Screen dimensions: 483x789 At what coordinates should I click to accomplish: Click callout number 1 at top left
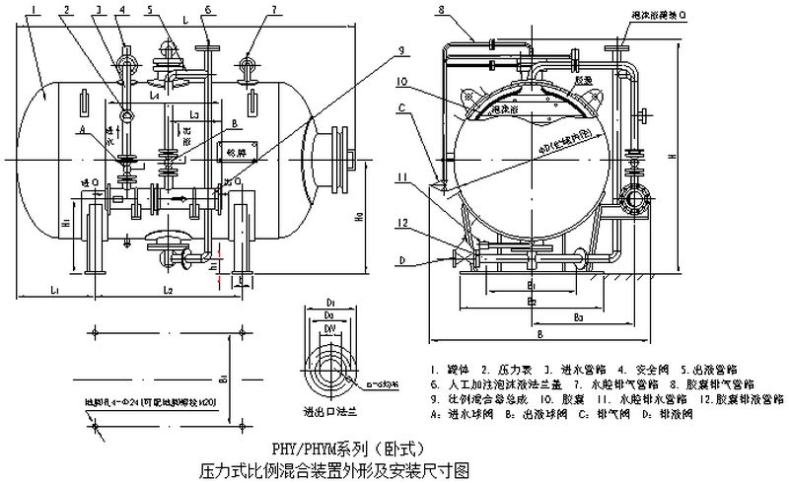(35, 9)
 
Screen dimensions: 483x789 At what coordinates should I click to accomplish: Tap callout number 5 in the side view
(147, 9)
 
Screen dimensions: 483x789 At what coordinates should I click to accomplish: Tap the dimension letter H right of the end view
(698, 157)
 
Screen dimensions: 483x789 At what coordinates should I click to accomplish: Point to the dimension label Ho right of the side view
(361, 215)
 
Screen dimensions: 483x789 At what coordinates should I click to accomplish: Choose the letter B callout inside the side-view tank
(232, 123)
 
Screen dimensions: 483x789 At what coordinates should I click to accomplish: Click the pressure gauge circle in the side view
(127, 116)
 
